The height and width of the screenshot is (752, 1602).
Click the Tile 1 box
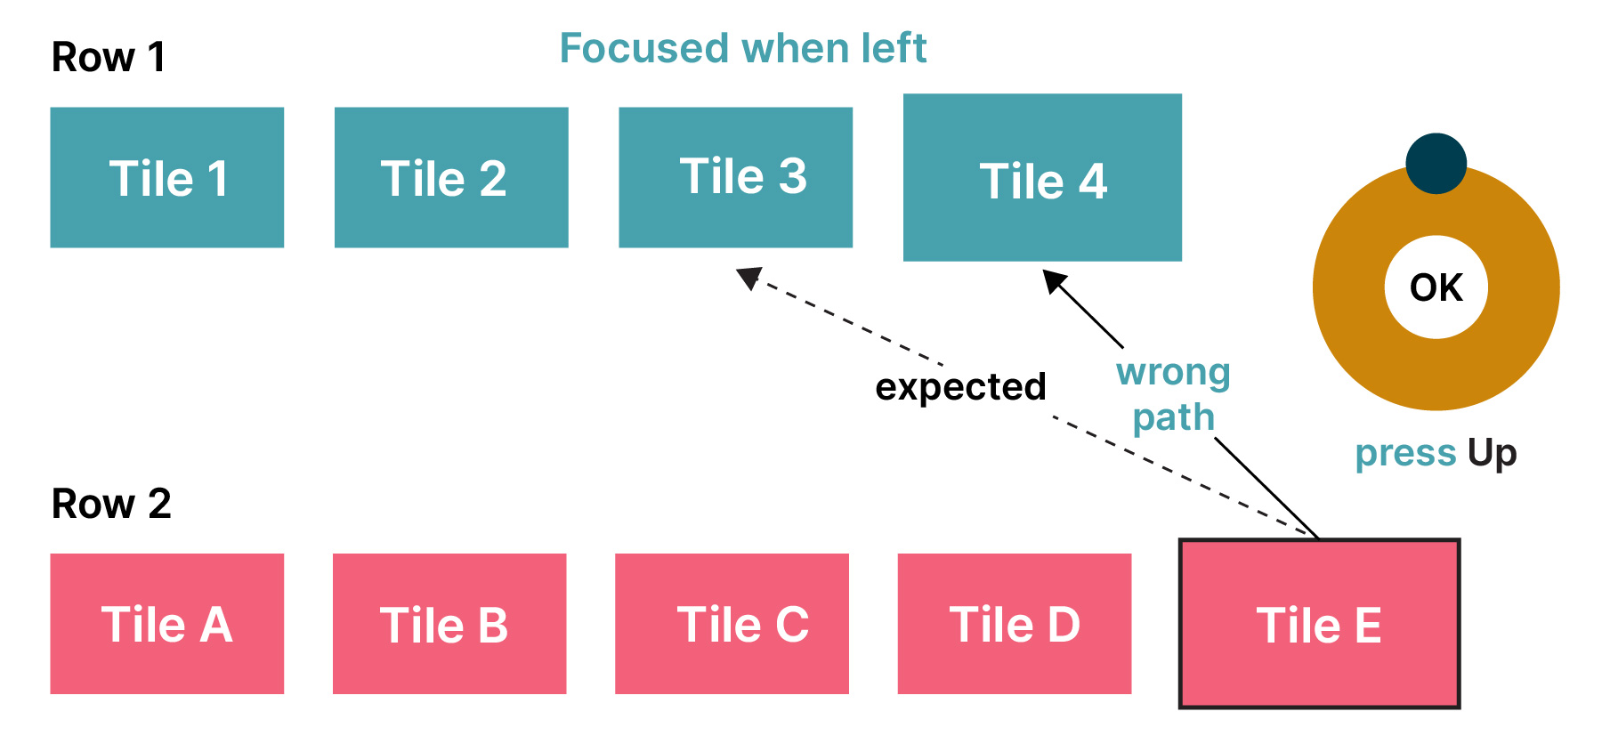(167, 177)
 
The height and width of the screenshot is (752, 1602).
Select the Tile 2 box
(451, 177)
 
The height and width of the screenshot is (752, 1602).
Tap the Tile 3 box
(735, 177)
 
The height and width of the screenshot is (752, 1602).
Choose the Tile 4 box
(1042, 177)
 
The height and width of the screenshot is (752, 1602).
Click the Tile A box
(167, 624)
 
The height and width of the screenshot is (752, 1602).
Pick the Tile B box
(449, 624)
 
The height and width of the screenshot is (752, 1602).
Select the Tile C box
(732, 624)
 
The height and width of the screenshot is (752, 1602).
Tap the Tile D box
(1015, 624)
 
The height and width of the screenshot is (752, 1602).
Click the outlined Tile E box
(1319, 624)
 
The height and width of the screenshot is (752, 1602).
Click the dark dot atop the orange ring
(1436, 164)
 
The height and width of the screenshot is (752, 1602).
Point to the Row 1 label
(109, 58)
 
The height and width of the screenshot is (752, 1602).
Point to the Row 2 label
(111, 504)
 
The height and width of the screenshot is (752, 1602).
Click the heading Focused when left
(743, 48)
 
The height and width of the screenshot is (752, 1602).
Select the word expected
(960, 387)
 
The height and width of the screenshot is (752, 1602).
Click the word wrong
(1173, 372)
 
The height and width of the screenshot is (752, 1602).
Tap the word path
(1173, 417)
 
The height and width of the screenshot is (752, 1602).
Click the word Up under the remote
(1492, 454)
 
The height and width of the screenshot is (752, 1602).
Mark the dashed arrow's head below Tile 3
(749, 278)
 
